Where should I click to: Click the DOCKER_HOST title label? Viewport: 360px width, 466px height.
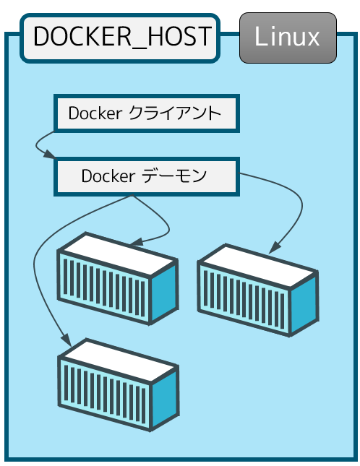click(x=120, y=38)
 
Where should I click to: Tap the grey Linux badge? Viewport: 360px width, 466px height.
click(x=288, y=38)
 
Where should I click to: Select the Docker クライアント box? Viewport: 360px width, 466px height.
click(x=147, y=113)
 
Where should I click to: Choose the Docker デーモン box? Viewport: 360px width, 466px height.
click(x=147, y=176)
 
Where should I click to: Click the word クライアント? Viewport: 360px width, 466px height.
click(x=175, y=113)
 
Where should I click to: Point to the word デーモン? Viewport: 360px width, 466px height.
click(x=174, y=176)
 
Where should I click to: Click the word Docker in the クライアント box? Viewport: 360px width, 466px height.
click(x=95, y=113)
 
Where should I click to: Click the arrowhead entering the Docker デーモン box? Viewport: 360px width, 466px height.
click(x=50, y=155)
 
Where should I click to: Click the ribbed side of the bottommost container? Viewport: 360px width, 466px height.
click(x=105, y=393)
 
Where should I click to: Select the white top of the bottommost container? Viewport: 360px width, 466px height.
click(x=119, y=361)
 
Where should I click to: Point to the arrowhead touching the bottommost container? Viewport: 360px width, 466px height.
click(x=67, y=340)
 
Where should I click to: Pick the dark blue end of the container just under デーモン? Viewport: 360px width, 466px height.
click(x=164, y=293)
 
